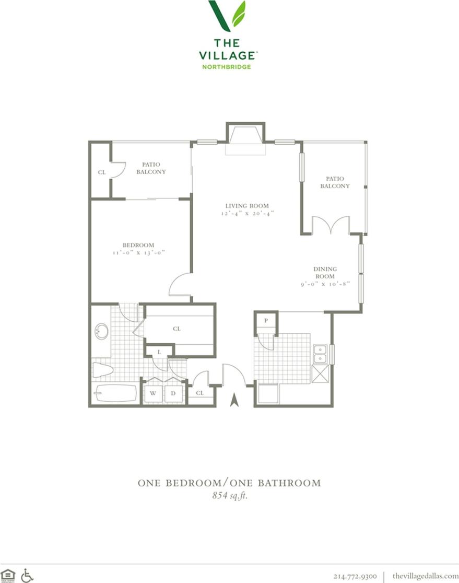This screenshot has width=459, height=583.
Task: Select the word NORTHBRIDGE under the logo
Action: tap(227, 67)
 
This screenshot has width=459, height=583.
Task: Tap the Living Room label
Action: tap(247, 206)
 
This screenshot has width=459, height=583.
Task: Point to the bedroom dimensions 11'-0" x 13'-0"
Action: tap(138, 253)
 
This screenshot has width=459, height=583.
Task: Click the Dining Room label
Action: tap(324, 272)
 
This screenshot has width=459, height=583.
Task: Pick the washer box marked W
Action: tap(154, 393)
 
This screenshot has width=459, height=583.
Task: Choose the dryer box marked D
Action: tap(174, 393)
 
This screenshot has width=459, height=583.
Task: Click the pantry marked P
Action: tap(266, 321)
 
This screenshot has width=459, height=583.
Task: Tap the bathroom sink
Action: tap(101, 331)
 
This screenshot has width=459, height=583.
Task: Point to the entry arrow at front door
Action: tap(234, 400)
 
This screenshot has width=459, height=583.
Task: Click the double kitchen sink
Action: tap(319, 354)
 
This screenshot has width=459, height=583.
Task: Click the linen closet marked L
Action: tap(159, 352)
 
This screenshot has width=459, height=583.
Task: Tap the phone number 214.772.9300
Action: tap(355, 576)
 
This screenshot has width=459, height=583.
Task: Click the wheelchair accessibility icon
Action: tap(27, 576)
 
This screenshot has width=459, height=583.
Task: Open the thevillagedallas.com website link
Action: tap(425, 576)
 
